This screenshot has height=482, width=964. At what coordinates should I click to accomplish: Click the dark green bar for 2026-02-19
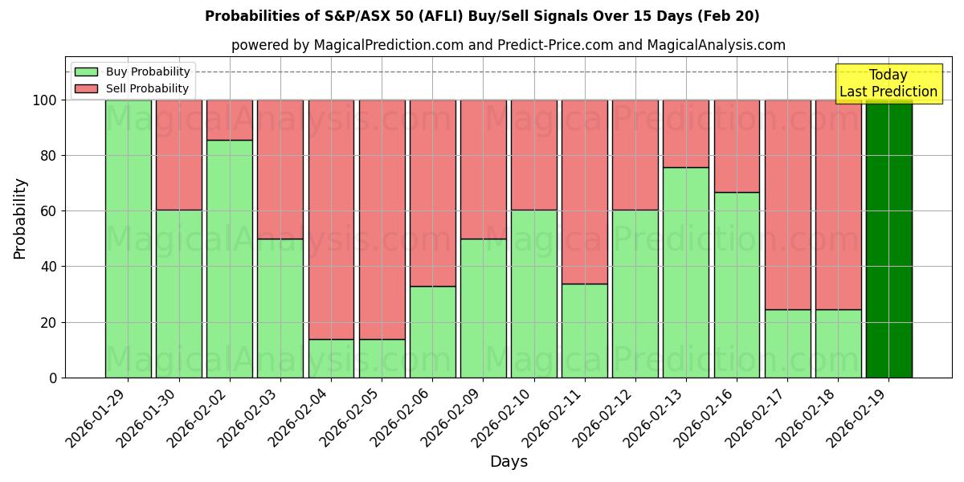(x=888, y=239)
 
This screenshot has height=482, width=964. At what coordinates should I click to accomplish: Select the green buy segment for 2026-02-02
(x=230, y=259)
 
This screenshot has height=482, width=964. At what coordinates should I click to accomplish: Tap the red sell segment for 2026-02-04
(x=331, y=219)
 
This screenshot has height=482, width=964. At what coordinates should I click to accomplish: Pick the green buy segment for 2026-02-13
(x=686, y=272)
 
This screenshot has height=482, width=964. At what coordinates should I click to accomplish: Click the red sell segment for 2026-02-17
(x=787, y=205)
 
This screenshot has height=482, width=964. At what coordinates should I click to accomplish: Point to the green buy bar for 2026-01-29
(x=128, y=239)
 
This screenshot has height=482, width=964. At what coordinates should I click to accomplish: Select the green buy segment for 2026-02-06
(x=432, y=332)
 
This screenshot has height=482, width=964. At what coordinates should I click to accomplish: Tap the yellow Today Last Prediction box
(x=888, y=84)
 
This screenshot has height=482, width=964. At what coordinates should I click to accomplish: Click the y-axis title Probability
(x=20, y=219)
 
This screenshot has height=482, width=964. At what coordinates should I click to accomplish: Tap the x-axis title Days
(x=509, y=462)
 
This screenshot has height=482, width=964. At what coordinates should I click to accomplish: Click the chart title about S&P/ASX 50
(x=482, y=16)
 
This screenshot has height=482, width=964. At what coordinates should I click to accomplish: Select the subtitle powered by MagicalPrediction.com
(x=508, y=45)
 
